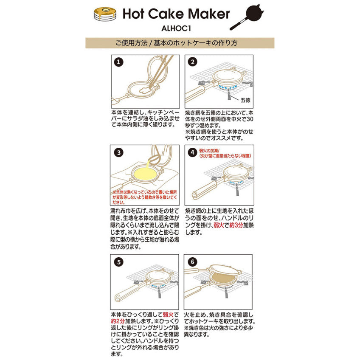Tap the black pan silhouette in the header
(247, 17)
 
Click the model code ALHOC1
(176, 28)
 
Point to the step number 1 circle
(119, 62)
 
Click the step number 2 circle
(192, 62)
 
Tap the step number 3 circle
(119, 153)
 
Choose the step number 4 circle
(192, 152)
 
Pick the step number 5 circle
(119, 262)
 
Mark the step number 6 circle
(192, 262)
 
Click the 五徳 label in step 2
(245, 100)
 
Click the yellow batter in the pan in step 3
(145, 173)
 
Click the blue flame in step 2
(228, 87)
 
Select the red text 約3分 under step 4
(236, 225)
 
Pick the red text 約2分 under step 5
(118, 321)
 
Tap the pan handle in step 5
(129, 293)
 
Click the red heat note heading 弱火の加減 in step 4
(209, 151)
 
